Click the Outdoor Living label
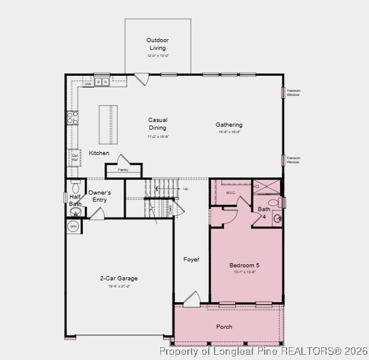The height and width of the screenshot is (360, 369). click(x=157, y=44)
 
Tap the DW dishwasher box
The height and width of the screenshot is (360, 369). click(x=88, y=84)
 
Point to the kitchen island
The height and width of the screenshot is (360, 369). click(x=108, y=124)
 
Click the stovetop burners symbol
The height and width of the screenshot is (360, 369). click(x=72, y=118)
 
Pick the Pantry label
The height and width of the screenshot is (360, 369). click(x=123, y=170)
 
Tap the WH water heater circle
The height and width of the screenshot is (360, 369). click(x=74, y=227)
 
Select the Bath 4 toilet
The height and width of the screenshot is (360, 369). click(x=274, y=202)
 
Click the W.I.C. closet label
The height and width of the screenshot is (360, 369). click(x=231, y=193)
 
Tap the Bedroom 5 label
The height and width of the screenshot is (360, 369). click(x=244, y=265)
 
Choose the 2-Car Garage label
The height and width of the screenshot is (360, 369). click(x=119, y=278)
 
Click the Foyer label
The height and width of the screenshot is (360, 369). click(x=191, y=259)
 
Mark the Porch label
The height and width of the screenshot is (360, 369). click(x=224, y=327)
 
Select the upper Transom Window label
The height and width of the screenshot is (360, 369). click(x=293, y=93)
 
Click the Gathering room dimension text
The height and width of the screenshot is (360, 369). click(x=229, y=132)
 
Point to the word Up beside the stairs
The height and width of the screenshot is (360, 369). click(x=186, y=189)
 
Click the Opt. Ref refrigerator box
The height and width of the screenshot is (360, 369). click(x=75, y=158)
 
